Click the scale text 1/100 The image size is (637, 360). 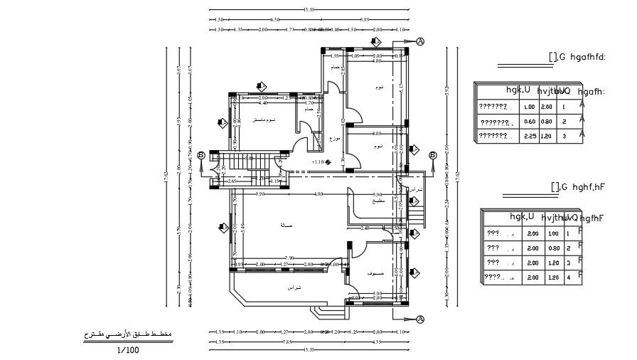pyautogui.click(x=129, y=349)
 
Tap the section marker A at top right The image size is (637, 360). pyautogui.click(x=420, y=42)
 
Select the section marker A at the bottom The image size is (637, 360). pyautogui.click(x=420, y=319)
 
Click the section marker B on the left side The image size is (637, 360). pyautogui.click(x=201, y=155)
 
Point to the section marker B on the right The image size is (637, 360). pyautogui.click(x=432, y=155)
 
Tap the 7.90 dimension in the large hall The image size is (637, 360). pyautogui.click(x=289, y=258)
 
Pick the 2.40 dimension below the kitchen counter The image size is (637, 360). pyautogui.click(x=365, y=228)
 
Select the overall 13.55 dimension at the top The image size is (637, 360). pyautogui.click(x=309, y=10)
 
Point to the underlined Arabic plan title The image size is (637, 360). pyautogui.click(x=127, y=334)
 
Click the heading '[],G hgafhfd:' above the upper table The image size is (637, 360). pyautogui.click(x=577, y=57)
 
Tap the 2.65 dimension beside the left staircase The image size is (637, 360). pyautogui.click(x=232, y=181)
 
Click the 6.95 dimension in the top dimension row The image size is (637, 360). pyautogui.click(x=365, y=20)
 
